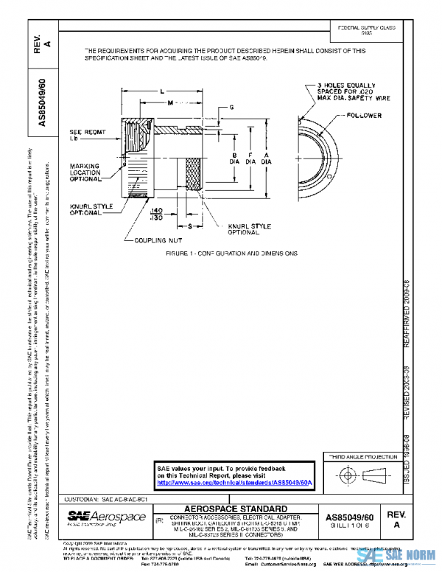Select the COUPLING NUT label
[153, 240]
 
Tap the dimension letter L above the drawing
[161, 90]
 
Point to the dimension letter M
[170, 103]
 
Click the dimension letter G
[231, 108]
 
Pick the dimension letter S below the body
[189, 226]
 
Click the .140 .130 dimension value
[156, 214]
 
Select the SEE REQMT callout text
[85, 134]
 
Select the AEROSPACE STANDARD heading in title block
[234, 509]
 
